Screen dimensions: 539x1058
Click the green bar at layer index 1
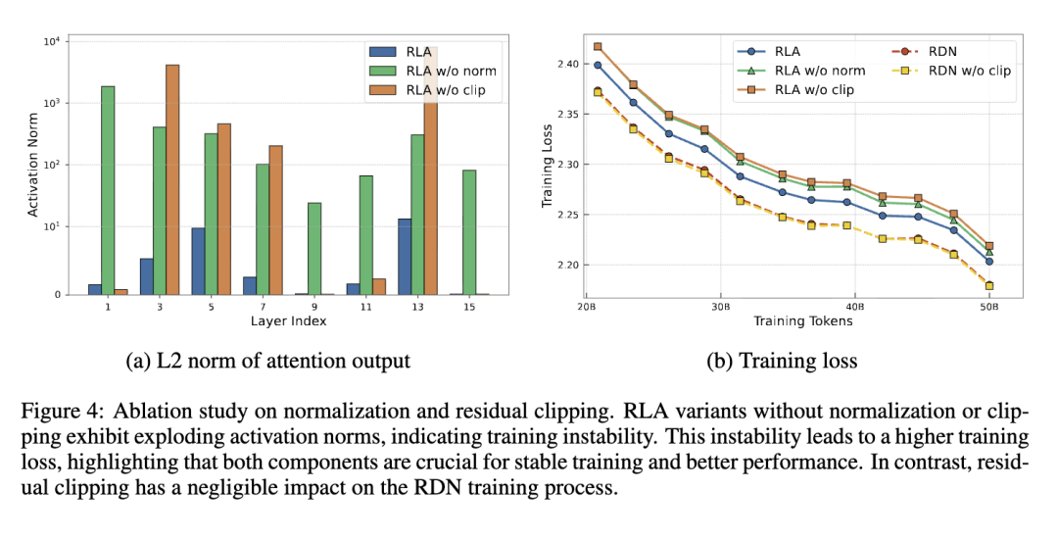pos(108,190)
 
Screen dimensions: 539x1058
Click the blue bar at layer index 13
pos(405,257)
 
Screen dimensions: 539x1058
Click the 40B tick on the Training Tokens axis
pos(854,305)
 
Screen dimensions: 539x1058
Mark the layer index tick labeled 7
pos(263,306)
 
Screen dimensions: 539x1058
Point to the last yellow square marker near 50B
pos(989,286)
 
